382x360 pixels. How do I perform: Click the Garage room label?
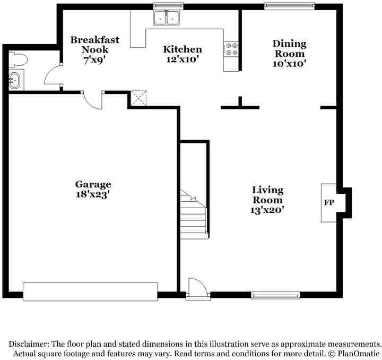click(93, 185)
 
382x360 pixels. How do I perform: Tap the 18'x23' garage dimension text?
click(93, 194)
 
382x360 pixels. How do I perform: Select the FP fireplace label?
click(328, 203)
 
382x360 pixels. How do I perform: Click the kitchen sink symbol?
click(167, 18)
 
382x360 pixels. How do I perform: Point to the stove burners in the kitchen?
click(232, 49)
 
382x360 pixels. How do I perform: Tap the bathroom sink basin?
click(14, 81)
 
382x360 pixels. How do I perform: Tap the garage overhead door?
click(90, 292)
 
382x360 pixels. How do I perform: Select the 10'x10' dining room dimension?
click(289, 63)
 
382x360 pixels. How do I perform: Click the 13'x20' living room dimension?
click(267, 210)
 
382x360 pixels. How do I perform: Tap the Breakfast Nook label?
click(94, 45)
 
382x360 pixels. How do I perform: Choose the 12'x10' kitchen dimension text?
click(182, 59)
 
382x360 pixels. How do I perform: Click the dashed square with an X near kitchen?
click(138, 98)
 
